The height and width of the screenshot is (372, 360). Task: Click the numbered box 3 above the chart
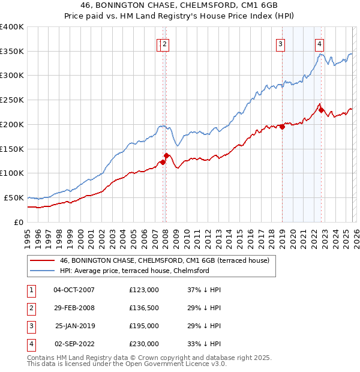280,43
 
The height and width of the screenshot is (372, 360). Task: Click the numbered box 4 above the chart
320,43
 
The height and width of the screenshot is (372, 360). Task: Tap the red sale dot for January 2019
282,126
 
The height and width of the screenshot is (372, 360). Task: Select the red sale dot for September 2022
322,110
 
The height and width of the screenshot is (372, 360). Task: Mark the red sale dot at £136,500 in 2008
166,155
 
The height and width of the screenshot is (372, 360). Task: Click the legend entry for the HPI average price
134,271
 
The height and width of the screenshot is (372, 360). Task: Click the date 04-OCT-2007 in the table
74,290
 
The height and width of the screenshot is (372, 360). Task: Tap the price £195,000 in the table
144,326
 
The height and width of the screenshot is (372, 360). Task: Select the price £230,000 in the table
144,344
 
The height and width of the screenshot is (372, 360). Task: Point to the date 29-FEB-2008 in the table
74,308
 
